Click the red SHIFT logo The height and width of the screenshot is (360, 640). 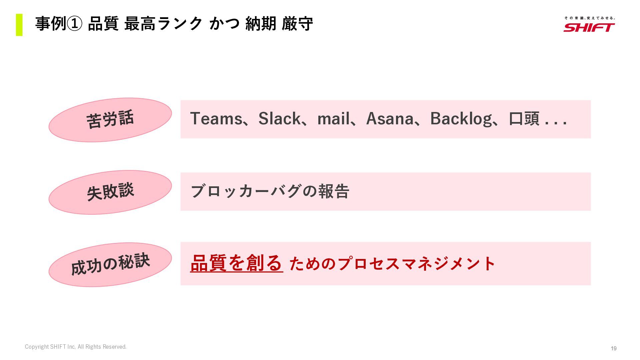point(589,27)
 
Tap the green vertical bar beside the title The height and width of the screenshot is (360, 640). point(19,25)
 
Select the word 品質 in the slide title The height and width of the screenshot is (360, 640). point(103,24)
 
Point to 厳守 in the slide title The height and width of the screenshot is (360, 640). point(297,24)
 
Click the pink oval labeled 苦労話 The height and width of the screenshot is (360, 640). point(110,120)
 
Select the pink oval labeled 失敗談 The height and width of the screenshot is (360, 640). point(110,192)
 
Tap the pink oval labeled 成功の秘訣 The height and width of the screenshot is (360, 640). point(110,264)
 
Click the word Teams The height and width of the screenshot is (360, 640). point(216,119)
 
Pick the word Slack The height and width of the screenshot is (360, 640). point(279,119)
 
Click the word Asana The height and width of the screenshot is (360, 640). point(390,119)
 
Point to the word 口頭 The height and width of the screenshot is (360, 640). point(524,119)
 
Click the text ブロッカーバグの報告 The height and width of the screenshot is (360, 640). point(270,191)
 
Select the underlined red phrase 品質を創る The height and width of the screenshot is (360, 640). point(236,263)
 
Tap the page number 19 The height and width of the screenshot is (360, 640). point(613,348)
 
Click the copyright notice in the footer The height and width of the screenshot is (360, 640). point(76,347)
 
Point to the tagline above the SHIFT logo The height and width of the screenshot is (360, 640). point(589,18)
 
